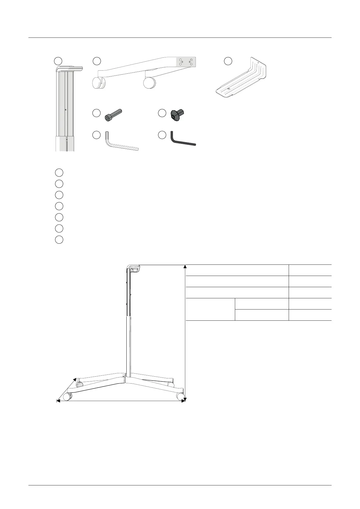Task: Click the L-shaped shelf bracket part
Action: tap(242, 79)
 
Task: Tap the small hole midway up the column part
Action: tap(65, 110)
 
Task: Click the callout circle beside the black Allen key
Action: tap(162, 135)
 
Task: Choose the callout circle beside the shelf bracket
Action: tap(228, 61)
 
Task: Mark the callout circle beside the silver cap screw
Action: tap(96, 113)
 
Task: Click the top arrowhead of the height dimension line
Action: tap(185, 266)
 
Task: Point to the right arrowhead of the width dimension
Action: tap(183, 401)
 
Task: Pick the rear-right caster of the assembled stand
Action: tap(171, 385)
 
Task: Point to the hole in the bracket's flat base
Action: tap(229, 89)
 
